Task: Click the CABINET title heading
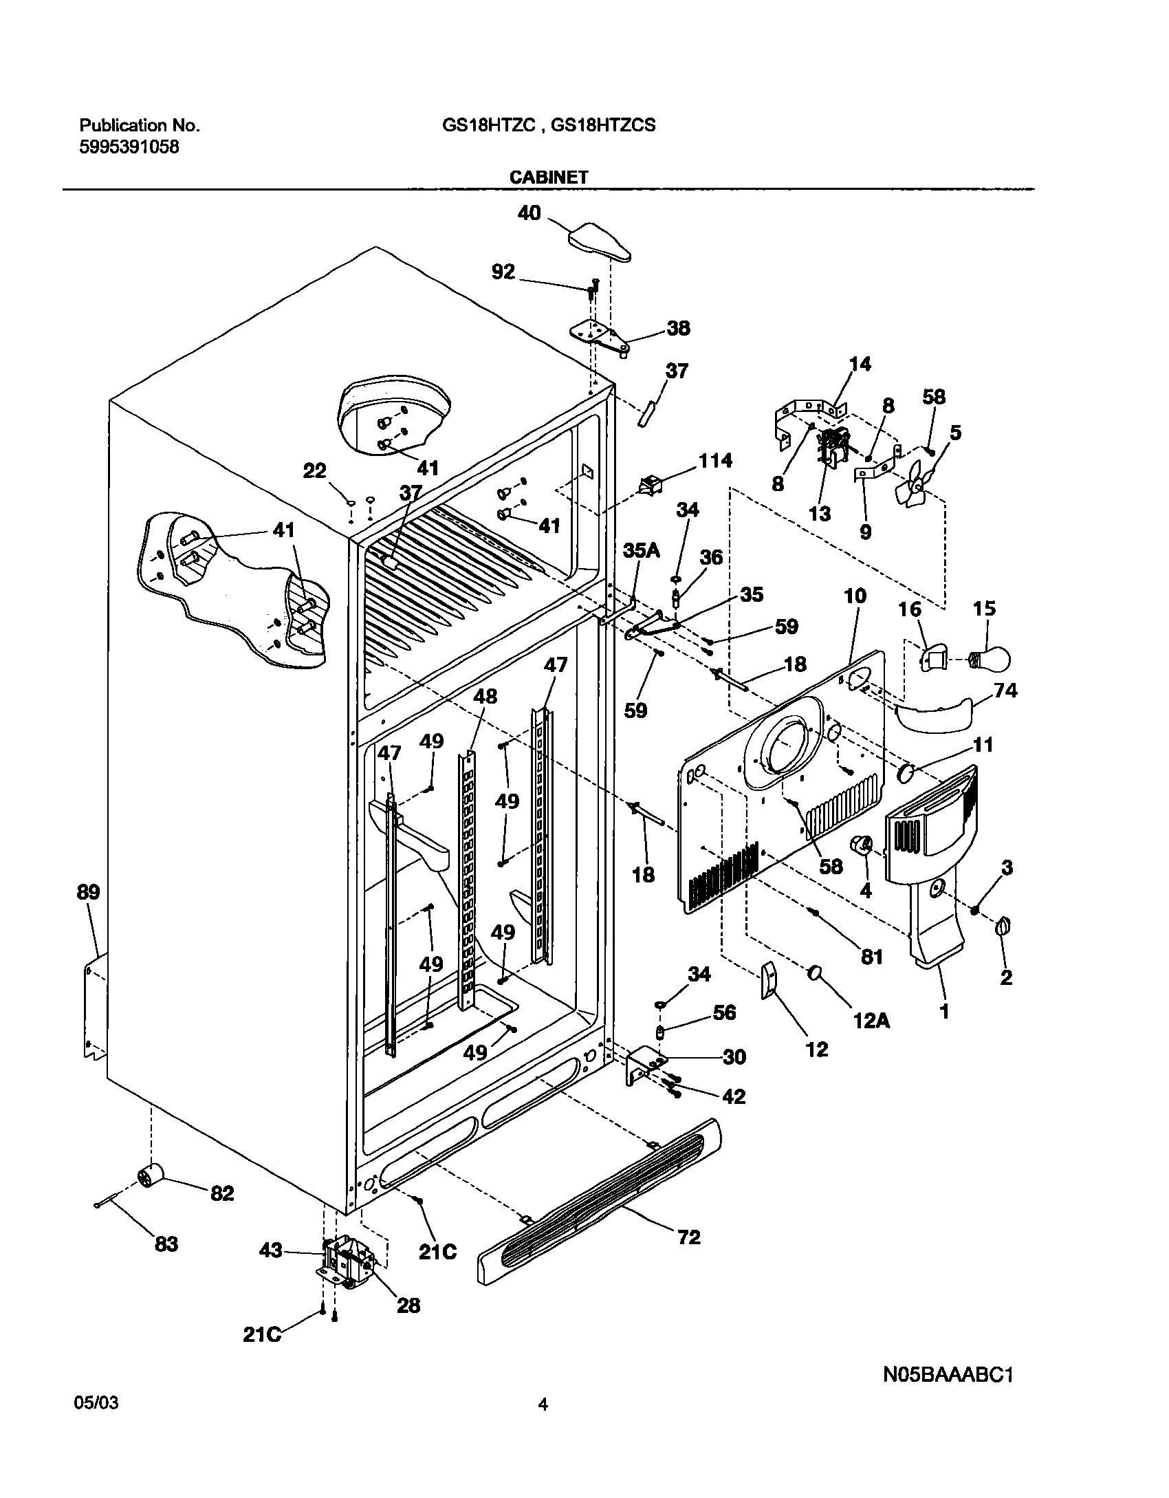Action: tap(548, 177)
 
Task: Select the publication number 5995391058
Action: tap(130, 146)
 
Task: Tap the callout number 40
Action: tap(529, 213)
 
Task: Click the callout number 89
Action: tap(88, 892)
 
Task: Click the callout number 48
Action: tap(485, 696)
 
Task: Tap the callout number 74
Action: tap(1005, 690)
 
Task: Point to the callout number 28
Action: tap(408, 1305)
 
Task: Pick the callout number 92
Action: tap(503, 272)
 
